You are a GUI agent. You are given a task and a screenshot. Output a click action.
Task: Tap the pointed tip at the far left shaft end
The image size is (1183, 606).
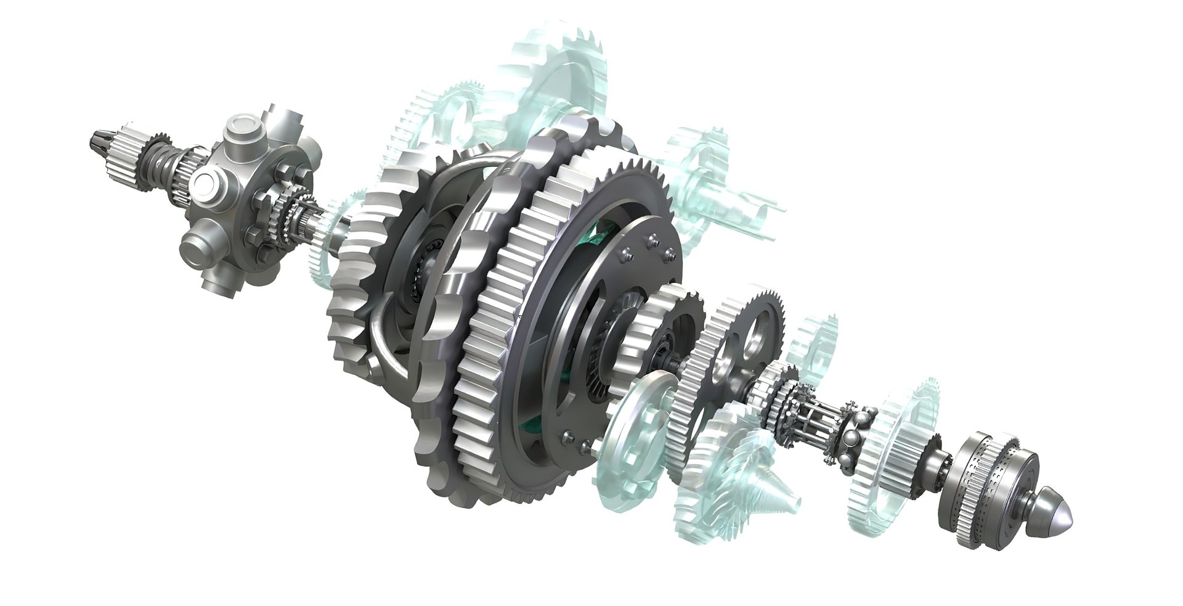coord(97,140)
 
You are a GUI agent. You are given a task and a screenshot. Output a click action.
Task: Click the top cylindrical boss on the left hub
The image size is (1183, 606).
coord(242,131)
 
